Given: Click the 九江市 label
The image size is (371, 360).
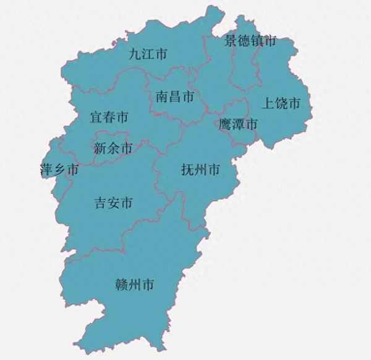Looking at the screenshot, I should (148, 54).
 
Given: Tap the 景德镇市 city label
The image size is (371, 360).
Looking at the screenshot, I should (250, 41).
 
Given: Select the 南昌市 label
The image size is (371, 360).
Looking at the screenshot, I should (175, 96).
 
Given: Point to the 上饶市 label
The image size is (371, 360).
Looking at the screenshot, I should (281, 103).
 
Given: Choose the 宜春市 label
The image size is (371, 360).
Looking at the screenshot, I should (109, 117).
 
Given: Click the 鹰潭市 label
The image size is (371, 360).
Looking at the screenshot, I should (238, 124).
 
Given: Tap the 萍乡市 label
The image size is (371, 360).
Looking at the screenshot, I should (59, 169).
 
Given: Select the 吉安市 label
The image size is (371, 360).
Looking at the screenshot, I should (113, 203).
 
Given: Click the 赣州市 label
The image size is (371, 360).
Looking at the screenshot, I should (135, 285).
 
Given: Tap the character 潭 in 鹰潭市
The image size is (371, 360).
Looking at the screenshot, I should (238, 124).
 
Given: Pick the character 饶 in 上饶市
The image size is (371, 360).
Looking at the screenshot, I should (281, 103).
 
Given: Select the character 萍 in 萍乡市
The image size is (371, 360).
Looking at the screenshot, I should (46, 169).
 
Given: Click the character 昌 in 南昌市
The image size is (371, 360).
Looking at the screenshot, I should (175, 96).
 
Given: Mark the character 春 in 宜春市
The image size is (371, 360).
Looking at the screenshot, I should (109, 117).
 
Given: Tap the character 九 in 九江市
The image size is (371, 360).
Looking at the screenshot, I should (135, 54).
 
